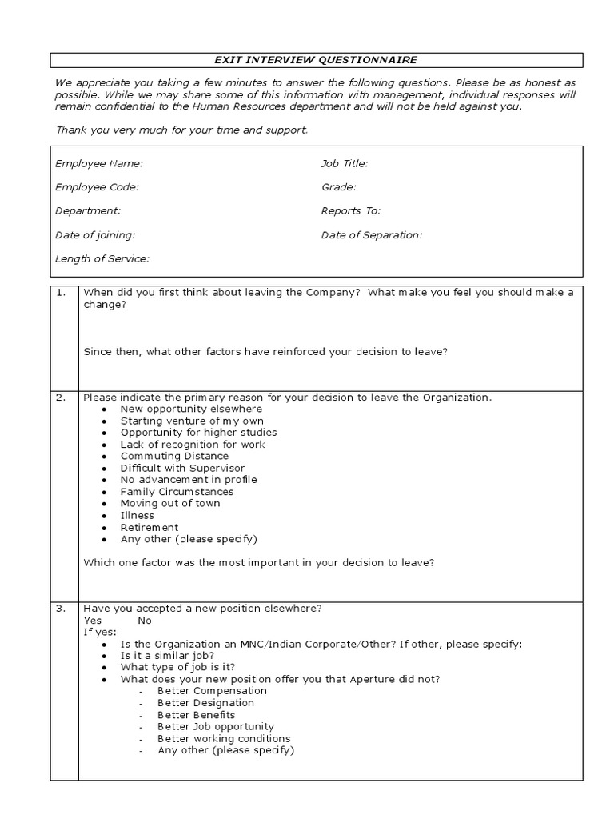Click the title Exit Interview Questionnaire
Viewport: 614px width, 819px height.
click(x=314, y=60)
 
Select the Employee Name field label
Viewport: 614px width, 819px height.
click(x=99, y=163)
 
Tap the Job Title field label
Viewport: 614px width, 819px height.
click(x=345, y=163)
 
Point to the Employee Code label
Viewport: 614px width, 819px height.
click(x=97, y=187)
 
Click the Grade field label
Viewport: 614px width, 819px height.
click(x=339, y=187)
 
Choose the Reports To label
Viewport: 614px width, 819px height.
click(x=351, y=211)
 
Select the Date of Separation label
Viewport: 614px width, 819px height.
click(x=372, y=235)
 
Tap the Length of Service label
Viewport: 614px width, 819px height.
click(x=102, y=259)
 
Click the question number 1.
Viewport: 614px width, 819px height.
click(x=61, y=293)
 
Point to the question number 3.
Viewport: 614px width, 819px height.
click(x=61, y=609)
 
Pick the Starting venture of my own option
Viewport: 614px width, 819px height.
click(x=192, y=421)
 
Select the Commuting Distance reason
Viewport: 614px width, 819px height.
click(x=174, y=456)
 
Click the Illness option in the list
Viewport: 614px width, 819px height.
click(x=138, y=516)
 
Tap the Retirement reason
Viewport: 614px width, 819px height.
click(x=150, y=528)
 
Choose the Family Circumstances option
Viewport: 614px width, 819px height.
click(x=177, y=492)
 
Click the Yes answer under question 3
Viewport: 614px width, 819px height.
click(x=93, y=621)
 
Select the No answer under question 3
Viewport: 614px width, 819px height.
click(x=145, y=621)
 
